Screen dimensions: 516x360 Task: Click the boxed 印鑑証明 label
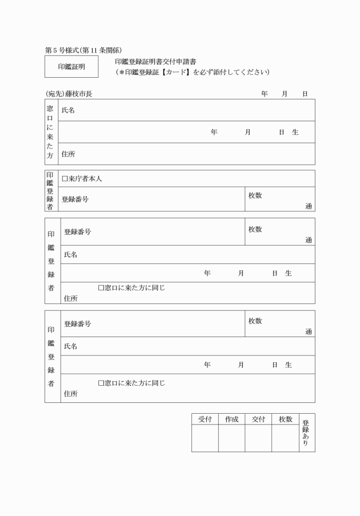coord(71,66)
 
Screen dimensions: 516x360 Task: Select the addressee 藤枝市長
coord(78,93)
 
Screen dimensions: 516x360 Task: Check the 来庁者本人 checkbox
coord(65,179)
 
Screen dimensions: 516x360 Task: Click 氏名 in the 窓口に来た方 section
coord(68,110)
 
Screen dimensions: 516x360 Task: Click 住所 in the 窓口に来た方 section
coord(68,154)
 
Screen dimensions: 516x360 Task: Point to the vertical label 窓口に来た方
coord(50,131)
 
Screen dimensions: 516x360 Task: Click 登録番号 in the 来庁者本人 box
coord(75,199)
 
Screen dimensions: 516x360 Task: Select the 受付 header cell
coord(205,419)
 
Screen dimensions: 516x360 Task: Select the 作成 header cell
coord(231,419)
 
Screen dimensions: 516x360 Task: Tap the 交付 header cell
coord(258,419)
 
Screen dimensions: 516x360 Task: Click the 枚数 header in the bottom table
coord(285,419)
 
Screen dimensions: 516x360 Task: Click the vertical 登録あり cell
coord(306,433)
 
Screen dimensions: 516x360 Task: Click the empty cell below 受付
coord(205,438)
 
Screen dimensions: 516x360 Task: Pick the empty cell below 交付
coord(258,438)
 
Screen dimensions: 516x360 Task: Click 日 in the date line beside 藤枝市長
coord(305,93)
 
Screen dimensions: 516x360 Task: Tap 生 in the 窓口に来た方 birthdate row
coord(295,132)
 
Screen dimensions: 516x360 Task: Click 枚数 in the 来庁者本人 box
coord(255,195)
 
